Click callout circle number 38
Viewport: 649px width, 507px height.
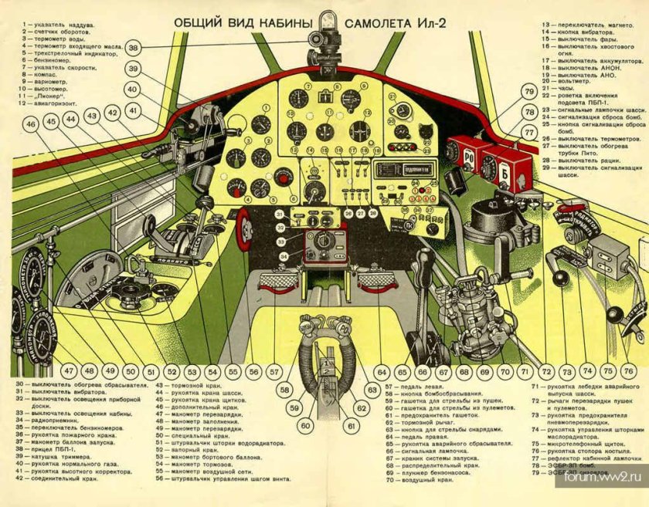pyautogui.click(x=134, y=48)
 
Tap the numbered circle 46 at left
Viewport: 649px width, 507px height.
pyautogui.click(x=31, y=123)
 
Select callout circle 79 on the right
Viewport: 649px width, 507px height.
pyautogui.click(x=528, y=92)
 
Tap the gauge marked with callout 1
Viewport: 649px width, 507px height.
pyautogui.click(x=297, y=99)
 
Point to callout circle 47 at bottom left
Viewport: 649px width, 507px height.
pyautogui.click(x=70, y=371)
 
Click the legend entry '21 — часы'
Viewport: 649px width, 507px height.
pyautogui.click(x=559, y=87)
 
